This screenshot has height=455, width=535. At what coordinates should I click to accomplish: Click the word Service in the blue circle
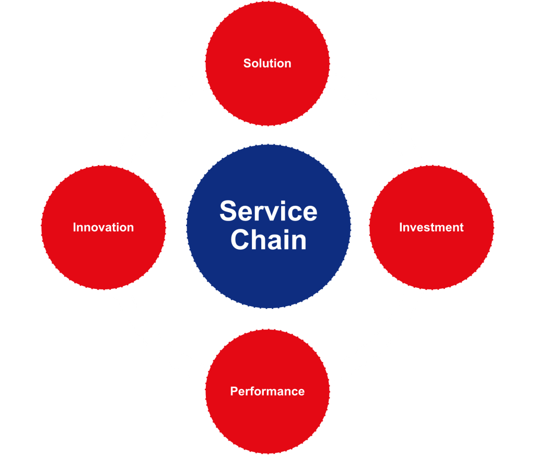[x=268, y=212]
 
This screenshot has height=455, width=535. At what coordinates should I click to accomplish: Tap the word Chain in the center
[x=268, y=240]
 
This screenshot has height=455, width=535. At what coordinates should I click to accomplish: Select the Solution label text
[x=267, y=63]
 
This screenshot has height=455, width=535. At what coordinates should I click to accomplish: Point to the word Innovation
[x=103, y=227]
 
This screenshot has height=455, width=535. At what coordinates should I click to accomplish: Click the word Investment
[x=431, y=227]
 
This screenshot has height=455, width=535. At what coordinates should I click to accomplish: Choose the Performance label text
[x=267, y=391]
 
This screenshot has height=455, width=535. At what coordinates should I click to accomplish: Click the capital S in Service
[x=228, y=212]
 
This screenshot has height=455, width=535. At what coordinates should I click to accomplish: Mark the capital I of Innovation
[x=75, y=227]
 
